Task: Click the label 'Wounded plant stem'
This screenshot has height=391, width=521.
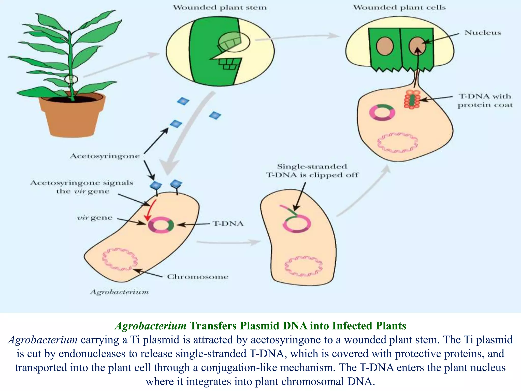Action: pyautogui.click(x=220, y=7)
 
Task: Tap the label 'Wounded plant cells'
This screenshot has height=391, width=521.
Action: pyautogui.click(x=399, y=7)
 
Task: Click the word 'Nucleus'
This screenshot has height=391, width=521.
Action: pyautogui.click(x=483, y=33)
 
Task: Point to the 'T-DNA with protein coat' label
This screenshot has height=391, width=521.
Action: pyautogui.click(x=485, y=101)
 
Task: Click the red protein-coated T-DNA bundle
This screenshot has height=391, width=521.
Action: pyautogui.click(x=412, y=100)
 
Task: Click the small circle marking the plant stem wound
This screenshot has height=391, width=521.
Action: pyautogui.click(x=71, y=79)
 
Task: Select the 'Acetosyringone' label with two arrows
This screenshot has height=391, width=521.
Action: pyautogui.click(x=105, y=156)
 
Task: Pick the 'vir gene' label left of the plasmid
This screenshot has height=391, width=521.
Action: pyautogui.click(x=95, y=218)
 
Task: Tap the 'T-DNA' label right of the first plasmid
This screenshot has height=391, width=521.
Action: pyautogui.click(x=228, y=224)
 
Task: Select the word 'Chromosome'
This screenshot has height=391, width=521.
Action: pyautogui.click(x=197, y=277)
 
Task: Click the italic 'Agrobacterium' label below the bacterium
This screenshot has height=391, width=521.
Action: pyautogui.click(x=119, y=292)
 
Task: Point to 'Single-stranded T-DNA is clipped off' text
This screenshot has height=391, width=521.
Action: pyautogui.click(x=312, y=171)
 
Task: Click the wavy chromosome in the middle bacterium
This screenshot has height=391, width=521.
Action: pyautogui.click(x=303, y=266)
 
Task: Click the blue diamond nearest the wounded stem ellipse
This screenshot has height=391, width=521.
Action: pyautogui.click(x=183, y=101)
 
